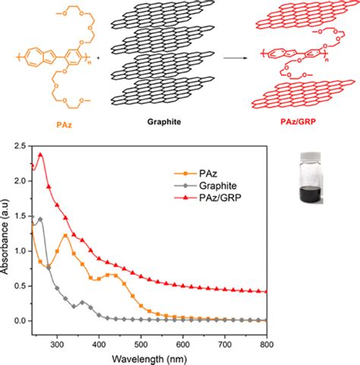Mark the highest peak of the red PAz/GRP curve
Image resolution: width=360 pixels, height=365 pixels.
pyautogui.click(x=40, y=155)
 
